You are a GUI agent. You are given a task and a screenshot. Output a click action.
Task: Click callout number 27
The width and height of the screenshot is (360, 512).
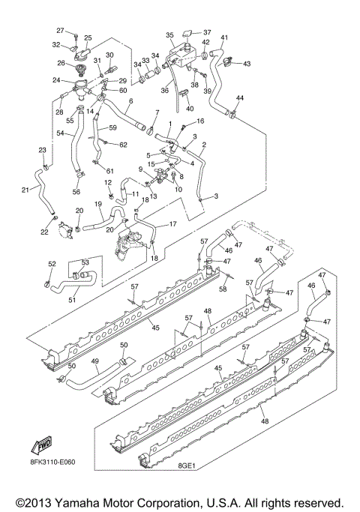tap(61, 30)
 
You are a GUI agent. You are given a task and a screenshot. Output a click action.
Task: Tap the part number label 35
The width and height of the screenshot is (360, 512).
tap(169, 35)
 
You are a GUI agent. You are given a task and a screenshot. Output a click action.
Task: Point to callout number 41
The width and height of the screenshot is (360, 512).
tap(224, 37)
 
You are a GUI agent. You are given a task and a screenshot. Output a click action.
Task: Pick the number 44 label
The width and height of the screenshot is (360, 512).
tap(240, 99)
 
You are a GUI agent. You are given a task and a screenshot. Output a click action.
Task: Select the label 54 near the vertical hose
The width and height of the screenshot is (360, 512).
tap(60, 132)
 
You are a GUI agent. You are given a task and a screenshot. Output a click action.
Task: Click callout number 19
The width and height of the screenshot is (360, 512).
tap(98, 204)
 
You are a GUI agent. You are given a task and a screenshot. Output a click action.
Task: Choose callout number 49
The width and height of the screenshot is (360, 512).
tap(95, 361)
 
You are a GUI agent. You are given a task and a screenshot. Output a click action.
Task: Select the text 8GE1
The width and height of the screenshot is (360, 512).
tap(187, 466)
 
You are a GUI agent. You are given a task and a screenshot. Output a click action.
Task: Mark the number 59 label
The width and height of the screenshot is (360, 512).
tap(112, 128)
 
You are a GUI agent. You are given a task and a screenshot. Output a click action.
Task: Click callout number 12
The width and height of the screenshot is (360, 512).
tap(108, 182)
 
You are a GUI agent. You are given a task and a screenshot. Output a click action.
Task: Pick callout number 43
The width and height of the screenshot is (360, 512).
tap(247, 64)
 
